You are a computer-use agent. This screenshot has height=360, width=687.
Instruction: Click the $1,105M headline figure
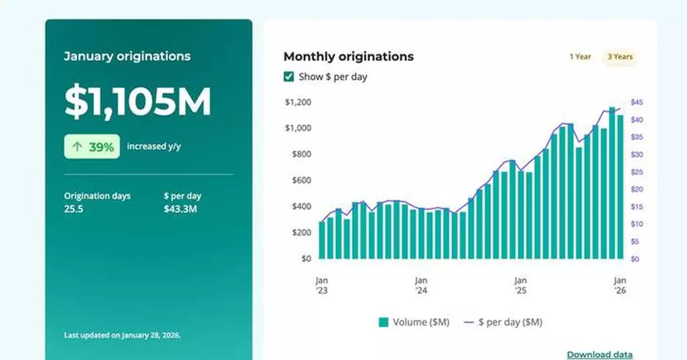coord(137,102)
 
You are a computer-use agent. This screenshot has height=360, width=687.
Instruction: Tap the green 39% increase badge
coord(92,147)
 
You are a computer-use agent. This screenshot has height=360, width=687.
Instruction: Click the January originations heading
coord(127,56)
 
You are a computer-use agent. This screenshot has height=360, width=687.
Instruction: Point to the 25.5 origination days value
coord(73,209)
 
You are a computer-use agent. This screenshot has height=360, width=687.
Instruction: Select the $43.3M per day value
coord(180,209)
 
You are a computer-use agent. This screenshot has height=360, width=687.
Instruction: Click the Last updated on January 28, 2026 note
coord(123,335)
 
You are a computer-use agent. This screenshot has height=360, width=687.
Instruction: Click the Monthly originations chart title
coord(348,56)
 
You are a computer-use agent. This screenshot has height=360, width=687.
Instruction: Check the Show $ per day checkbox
coord(289,77)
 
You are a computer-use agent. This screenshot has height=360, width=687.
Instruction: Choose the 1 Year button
coord(580,57)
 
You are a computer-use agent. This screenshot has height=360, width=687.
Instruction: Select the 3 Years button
coord(619,57)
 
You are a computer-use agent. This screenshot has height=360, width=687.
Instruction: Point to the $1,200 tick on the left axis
coord(298,102)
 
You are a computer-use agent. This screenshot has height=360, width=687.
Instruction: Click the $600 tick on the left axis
coord(300,180)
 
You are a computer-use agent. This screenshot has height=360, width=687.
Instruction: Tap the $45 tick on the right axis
coord(637,102)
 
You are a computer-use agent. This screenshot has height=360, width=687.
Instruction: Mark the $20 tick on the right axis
coord(637,189)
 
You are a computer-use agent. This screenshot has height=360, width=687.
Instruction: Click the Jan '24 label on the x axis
coord(421,285)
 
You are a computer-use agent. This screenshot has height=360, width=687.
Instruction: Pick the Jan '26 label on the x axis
coord(619,285)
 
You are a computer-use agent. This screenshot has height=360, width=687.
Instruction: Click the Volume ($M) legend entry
coord(414,322)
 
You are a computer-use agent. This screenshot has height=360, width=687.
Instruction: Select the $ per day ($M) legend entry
coord(502,322)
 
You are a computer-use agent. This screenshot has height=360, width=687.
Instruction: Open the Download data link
coord(599,355)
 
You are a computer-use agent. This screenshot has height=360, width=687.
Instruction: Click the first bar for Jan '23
coord(322,240)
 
